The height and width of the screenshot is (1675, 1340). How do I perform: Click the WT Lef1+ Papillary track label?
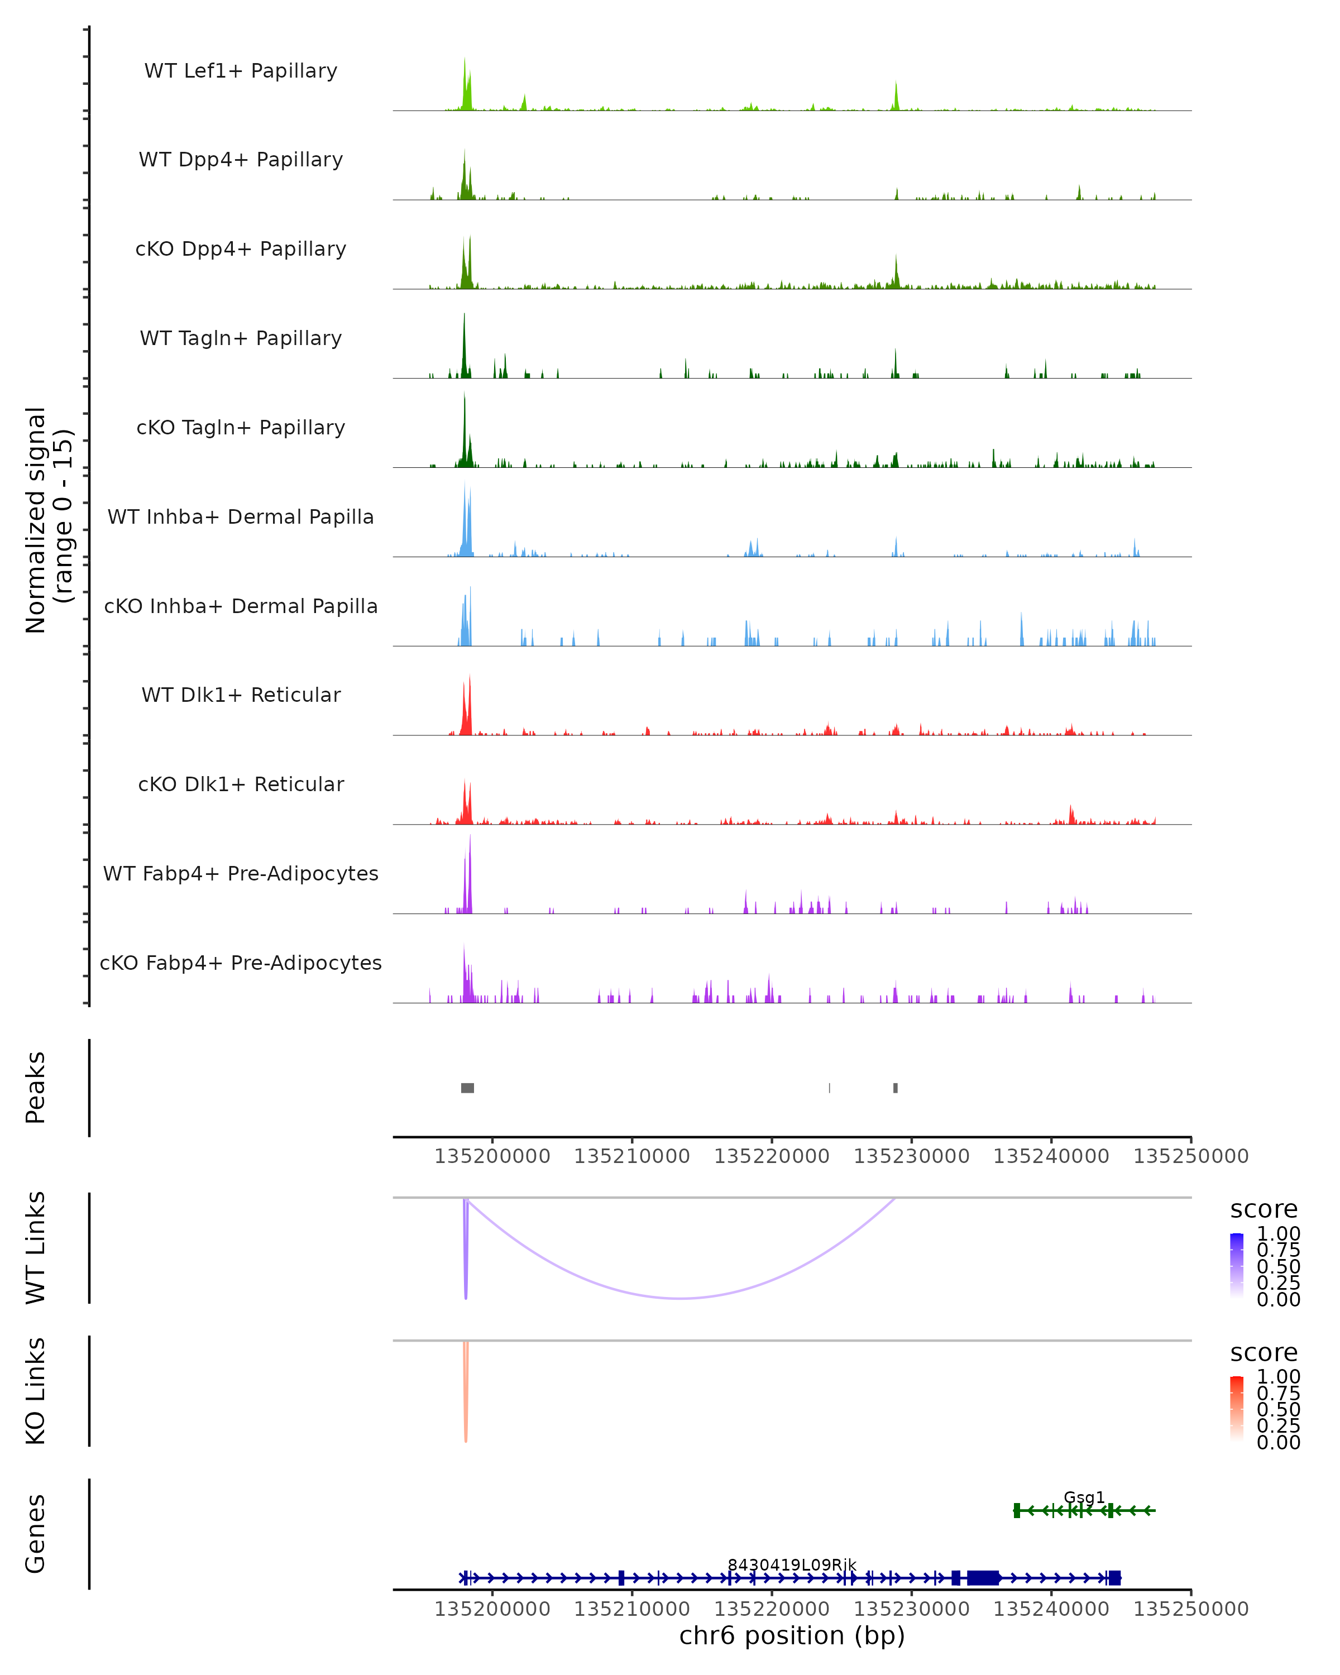pos(241,71)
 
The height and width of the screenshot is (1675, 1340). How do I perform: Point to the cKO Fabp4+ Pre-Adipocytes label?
pos(241,963)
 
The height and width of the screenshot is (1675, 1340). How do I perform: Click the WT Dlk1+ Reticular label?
pos(241,695)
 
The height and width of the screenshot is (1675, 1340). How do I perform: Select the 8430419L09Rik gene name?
pos(792,1564)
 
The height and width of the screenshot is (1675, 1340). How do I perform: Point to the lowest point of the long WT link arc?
pos(681,1298)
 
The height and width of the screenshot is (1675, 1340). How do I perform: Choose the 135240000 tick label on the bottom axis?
pos(1051,1609)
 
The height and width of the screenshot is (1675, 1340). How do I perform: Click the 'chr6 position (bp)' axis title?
pos(792,1635)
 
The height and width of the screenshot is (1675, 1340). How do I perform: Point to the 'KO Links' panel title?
pos(36,1391)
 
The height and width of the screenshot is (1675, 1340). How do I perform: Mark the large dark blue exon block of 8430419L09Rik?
pos(983,1578)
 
